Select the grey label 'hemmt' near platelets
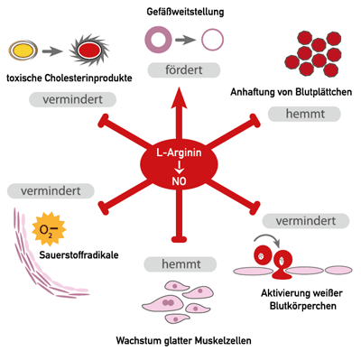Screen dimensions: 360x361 (x=304, y=114)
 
